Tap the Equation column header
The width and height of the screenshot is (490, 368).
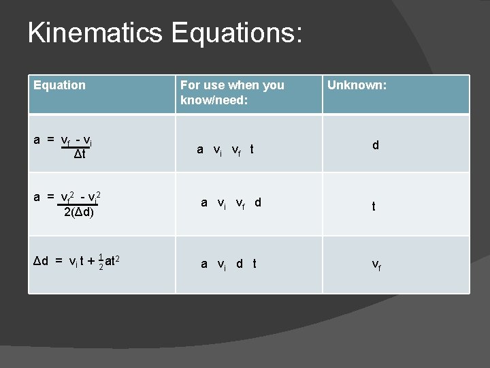tap(60, 85)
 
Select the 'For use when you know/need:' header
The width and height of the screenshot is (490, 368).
tap(232, 93)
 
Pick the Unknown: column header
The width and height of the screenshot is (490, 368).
tap(357, 85)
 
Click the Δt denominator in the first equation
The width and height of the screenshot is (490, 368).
tap(80, 155)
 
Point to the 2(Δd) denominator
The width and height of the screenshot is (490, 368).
tap(79, 211)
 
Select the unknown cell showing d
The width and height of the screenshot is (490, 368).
tap(375, 144)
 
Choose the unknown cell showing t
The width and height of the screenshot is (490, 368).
tap(373, 207)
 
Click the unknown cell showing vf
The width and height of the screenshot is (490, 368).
tap(376, 264)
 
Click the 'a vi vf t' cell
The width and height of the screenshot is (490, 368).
tap(225, 149)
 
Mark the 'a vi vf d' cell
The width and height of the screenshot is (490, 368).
tap(230, 202)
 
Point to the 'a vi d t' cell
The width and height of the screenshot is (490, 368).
tap(228, 264)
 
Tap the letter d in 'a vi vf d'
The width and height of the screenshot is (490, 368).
tap(257, 202)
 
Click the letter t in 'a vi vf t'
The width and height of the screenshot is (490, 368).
tap(251, 149)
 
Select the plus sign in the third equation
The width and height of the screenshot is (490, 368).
tap(91, 260)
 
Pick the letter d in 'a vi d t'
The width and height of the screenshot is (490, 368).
tap(240, 264)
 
